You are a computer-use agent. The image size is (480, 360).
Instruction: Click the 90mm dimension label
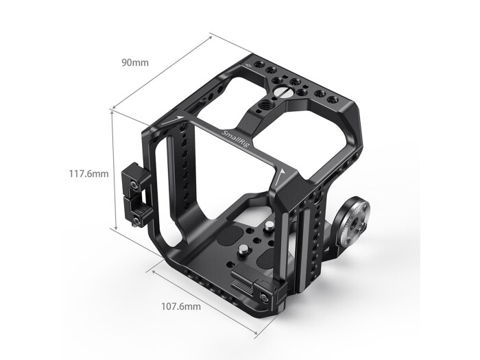pos(135,63)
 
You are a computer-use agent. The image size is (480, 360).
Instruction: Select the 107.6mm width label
pos(182,307)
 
